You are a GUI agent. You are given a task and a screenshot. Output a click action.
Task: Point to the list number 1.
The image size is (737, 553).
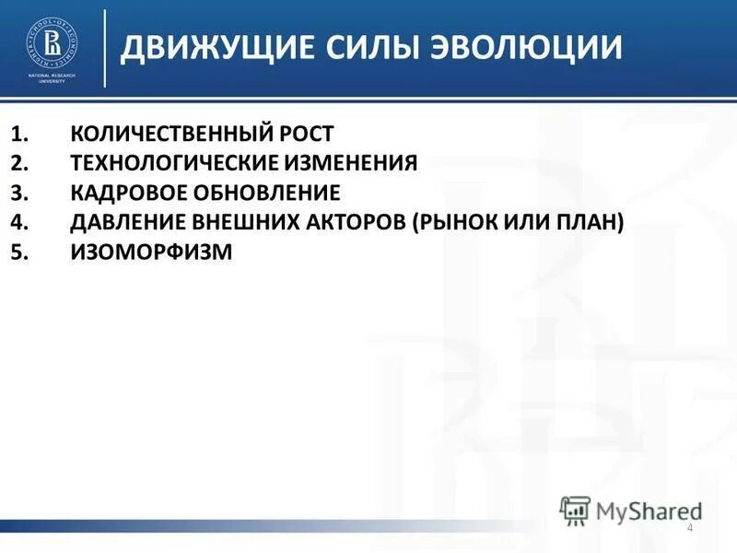pyautogui.click(x=21, y=134)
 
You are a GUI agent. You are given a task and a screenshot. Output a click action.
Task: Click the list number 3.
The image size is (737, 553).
pyautogui.click(x=21, y=193)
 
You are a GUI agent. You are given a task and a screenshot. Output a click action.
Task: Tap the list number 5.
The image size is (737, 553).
pyautogui.click(x=21, y=252)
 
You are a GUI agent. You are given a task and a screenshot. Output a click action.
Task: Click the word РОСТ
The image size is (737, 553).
pyautogui.click(x=310, y=134)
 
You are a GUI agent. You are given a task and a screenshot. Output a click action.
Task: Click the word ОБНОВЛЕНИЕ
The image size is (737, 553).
pyautogui.click(x=268, y=193)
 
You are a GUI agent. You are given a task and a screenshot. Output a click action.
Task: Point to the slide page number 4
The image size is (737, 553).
pyautogui.click(x=690, y=527)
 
